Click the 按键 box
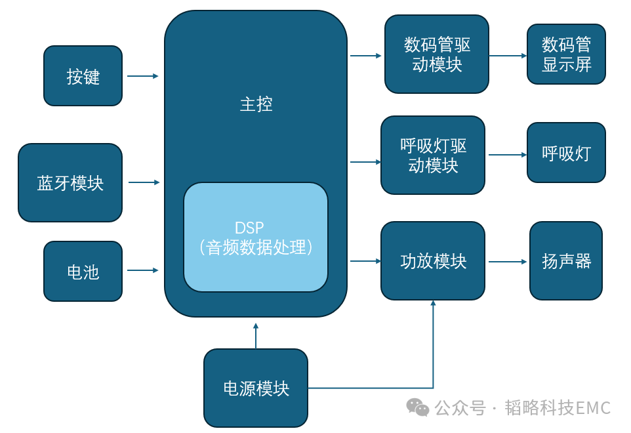(x=83, y=76)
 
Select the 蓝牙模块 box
(x=70, y=182)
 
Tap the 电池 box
(x=83, y=271)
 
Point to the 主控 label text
(x=256, y=104)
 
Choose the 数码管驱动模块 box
(x=436, y=54)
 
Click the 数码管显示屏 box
(x=566, y=54)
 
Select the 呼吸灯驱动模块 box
(x=433, y=155)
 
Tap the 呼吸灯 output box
(x=566, y=154)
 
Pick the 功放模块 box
(x=433, y=261)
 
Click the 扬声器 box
(x=566, y=261)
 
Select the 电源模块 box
(x=256, y=388)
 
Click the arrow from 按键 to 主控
(x=142, y=76)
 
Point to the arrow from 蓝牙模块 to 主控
(x=144, y=182)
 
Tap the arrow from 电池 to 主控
(x=142, y=270)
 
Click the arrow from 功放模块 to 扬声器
(x=507, y=262)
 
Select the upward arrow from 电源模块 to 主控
(x=256, y=335)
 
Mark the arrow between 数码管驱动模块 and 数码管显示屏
(x=507, y=56)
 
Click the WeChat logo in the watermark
(x=417, y=407)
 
